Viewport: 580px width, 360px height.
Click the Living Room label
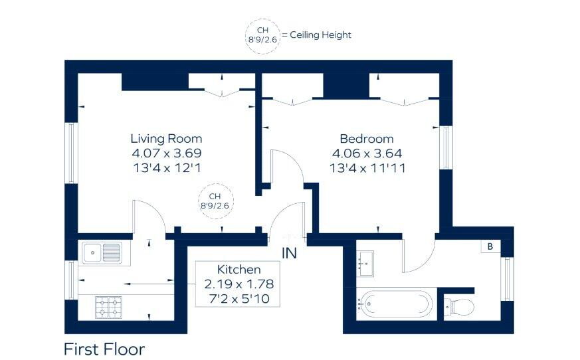[x=166, y=139]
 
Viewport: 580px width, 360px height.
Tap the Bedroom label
[x=367, y=139]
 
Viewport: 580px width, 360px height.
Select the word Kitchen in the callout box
[x=239, y=270]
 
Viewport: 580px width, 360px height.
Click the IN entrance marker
[x=289, y=254]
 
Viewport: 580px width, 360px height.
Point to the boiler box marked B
[x=490, y=246]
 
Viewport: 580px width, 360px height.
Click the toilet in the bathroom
[x=459, y=306]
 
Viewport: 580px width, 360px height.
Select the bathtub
[x=395, y=304]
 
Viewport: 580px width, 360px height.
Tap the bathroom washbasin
[x=365, y=264]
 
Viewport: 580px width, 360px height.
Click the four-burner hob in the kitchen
[x=109, y=307]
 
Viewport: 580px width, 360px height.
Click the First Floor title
[x=104, y=349]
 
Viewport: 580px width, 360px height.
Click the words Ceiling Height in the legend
[x=320, y=35]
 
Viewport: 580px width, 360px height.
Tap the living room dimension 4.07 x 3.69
[x=167, y=153]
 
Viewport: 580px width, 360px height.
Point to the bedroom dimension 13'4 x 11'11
[x=367, y=168]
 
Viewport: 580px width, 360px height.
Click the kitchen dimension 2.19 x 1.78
[x=239, y=284]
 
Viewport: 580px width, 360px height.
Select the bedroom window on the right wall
[x=446, y=148]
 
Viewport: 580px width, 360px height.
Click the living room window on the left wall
[x=71, y=153]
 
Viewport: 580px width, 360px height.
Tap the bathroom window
[x=507, y=279]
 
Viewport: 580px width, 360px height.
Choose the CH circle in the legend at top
[x=262, y=37]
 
